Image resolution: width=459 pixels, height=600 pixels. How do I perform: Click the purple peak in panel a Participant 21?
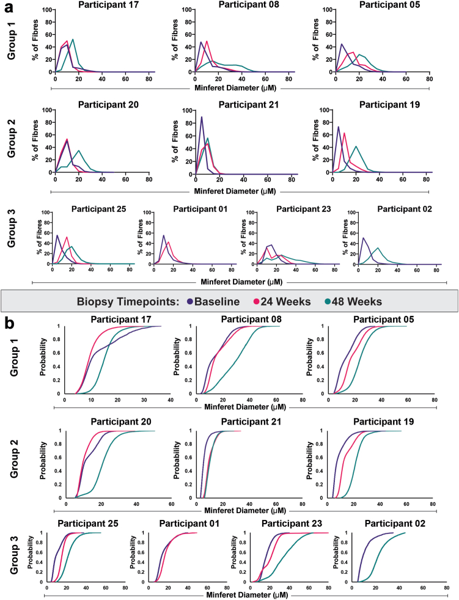pyautogui.click(x=202, y=117)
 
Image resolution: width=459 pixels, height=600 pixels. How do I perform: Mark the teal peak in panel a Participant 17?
pyautogui.click(x=73, y=40)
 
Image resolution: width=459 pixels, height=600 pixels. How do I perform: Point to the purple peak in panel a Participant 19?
pyautogui.click(x=339, y=127)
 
